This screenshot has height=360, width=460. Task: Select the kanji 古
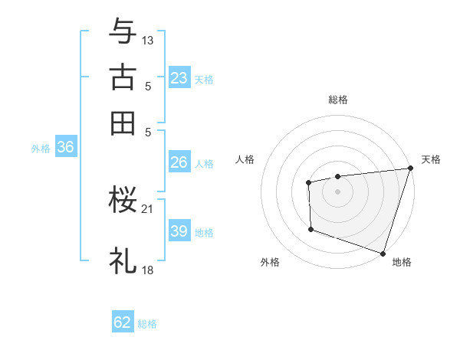[123, 78]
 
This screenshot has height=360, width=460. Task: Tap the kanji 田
[123, 123]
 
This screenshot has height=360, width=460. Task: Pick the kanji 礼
[123, 260]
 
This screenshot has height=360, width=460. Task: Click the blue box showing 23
[179, 78]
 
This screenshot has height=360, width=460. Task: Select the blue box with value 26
[179, 162]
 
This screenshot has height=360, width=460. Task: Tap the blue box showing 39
[179, 231]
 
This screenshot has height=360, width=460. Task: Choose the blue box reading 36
[65, 148]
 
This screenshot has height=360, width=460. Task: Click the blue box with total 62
[123, 322]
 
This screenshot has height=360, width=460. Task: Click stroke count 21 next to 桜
[148, 208]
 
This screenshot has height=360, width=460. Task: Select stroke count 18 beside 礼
[148, 270]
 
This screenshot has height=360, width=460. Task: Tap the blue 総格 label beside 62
[147, 324]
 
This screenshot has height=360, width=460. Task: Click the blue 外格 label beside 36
[40, 149]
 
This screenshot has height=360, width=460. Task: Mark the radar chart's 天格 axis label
[431, 159]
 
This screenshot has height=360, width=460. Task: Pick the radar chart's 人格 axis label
[245, 159]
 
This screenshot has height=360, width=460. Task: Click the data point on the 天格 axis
[410, 168]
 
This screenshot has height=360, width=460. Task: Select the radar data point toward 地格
[383, 253]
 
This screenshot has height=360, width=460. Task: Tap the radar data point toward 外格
[310, 228]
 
